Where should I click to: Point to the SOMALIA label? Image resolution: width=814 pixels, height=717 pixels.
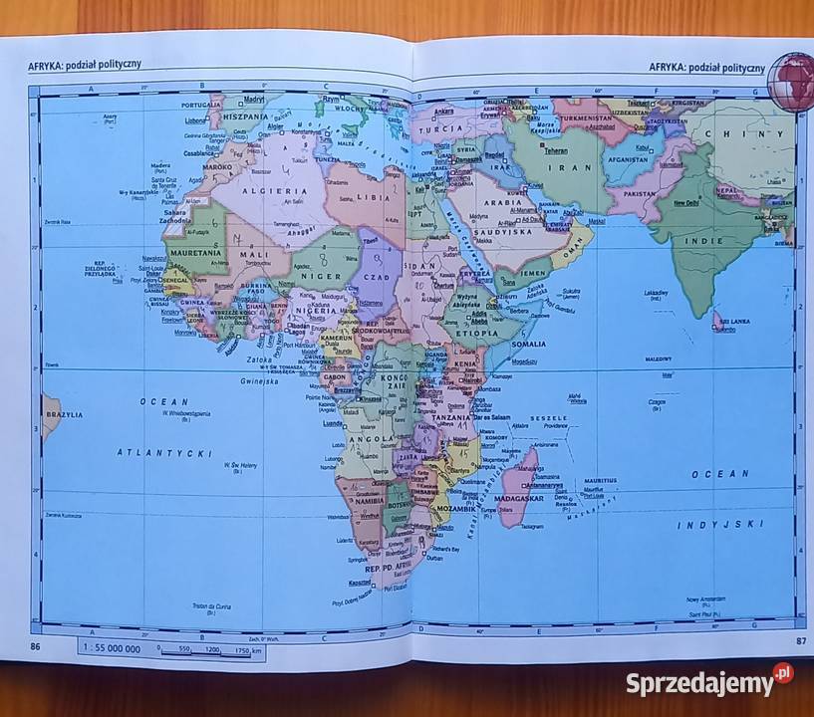pyautogui.click(x=529, y=344)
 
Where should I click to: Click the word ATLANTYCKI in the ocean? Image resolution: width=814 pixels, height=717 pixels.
pyautogui.click(x=165, y=453)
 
